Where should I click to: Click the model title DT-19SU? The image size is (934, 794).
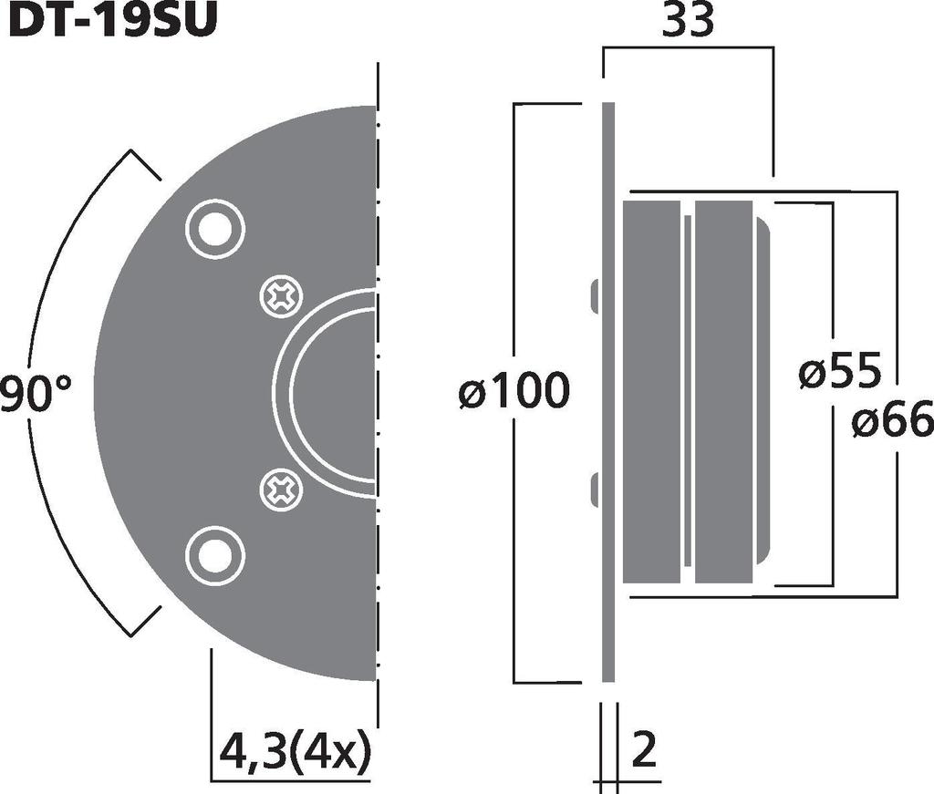(x=113, y=20)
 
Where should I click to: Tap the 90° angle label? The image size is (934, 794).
(x=36, y=394)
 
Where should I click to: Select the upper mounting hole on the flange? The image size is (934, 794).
(x=215, y=228)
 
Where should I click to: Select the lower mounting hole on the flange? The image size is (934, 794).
(x=215, y=555)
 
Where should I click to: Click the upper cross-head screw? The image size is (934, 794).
(x=281, y=296)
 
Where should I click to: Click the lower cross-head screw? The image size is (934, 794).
(x=281, y=490)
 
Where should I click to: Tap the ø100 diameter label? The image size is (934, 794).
(x=514, y=393)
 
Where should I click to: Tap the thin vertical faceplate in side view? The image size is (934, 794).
(x=608, y=392)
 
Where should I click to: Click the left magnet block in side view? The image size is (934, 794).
(x=651, y=392)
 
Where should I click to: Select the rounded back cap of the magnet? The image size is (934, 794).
(x=763, y=392)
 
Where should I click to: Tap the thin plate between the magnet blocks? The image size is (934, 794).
(x=687, y=392)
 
